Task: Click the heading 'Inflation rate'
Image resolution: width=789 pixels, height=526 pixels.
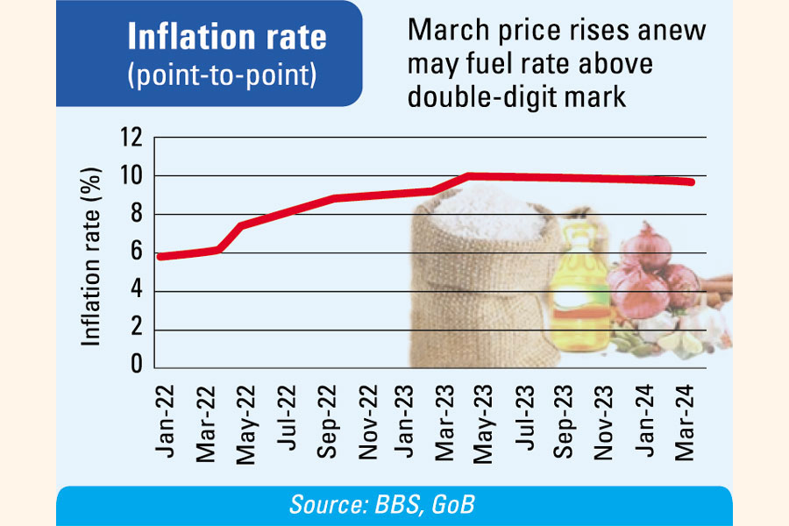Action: click(227, 38)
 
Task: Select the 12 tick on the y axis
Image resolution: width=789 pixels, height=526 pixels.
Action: click(131, 138)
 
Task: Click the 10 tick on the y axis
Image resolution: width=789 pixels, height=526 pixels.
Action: click(131, 176)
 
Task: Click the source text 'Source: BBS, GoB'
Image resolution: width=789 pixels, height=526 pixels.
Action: click(394, 506)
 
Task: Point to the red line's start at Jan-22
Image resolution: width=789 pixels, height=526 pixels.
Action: click(159, 257)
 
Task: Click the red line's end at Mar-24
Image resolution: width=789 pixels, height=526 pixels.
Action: click(693, 182)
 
